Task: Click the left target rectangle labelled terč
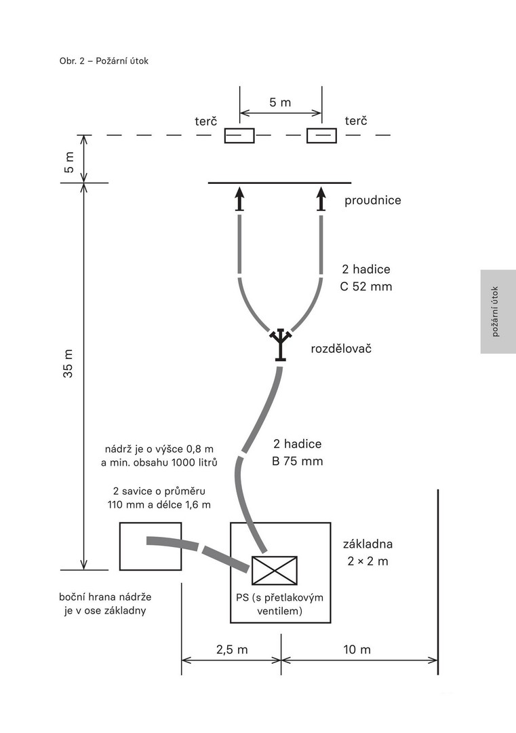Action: [239, 136]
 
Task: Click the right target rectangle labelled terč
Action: [321, 136]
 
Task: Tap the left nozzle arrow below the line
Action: [239, 200]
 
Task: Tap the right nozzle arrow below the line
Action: [321, 200]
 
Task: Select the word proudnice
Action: [373, 200]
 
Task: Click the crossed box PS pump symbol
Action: [274, 570]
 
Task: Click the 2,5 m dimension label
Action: [232, 650]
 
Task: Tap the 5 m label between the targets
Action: [280, 102]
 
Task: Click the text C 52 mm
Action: [366, 286]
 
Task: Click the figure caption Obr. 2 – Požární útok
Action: [104, 61]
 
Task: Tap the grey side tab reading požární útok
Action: [498, 312]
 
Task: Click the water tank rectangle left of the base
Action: [151, 546]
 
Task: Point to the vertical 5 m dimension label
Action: [69, 159]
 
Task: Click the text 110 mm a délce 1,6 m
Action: [159, 504]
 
